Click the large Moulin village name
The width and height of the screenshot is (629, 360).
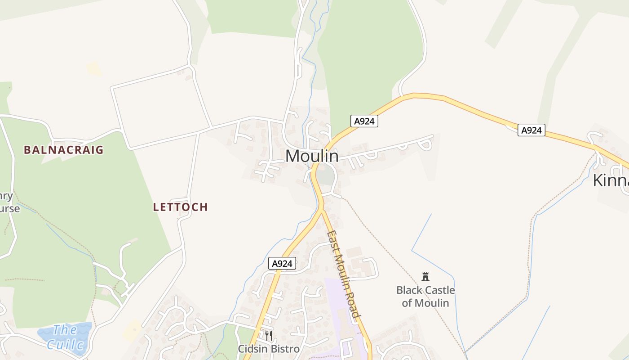pos(312,156)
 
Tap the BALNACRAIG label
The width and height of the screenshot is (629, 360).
pos(63,150)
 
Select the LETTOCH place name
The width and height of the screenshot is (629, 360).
pos(180,207)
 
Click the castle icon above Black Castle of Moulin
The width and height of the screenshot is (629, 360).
pos(425,276)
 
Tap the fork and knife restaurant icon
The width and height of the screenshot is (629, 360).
pos(268,335)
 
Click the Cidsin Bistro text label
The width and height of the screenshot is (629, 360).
pos(268,349)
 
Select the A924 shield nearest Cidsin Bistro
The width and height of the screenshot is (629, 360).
pos(282,264)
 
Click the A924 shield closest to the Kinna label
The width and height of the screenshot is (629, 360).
pos(531,130)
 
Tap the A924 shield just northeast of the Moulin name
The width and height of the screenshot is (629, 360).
pos(364,121)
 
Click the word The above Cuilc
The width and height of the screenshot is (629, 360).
pos(65,330)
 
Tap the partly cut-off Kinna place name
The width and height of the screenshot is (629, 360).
pos(610,180)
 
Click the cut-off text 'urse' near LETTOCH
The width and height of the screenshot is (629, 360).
pos(10,209)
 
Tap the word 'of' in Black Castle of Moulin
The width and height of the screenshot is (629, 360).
pos(407,303)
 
